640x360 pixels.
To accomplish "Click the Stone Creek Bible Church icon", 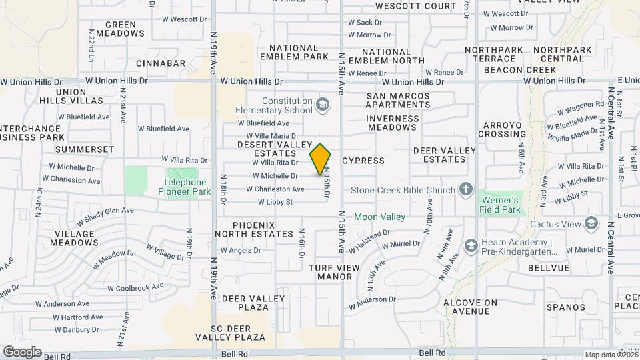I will [466, 190].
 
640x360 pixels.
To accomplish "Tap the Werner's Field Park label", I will [499, 205].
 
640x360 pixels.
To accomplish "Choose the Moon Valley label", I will [379, 217].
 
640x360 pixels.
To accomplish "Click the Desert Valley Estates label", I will [275, 149].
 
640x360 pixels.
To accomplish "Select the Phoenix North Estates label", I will [263, 229].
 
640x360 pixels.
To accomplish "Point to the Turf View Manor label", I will [335, 272].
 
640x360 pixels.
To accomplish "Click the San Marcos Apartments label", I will [399, 100].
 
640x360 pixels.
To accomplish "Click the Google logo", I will [22, 351].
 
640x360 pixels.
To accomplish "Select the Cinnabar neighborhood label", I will [161, 63].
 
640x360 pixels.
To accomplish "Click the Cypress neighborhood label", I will [363, 161].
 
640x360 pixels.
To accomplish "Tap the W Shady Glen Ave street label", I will [105, 215].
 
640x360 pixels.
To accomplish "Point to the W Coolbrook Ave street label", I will [135, 287].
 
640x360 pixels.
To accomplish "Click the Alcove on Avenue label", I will [471, 307].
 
